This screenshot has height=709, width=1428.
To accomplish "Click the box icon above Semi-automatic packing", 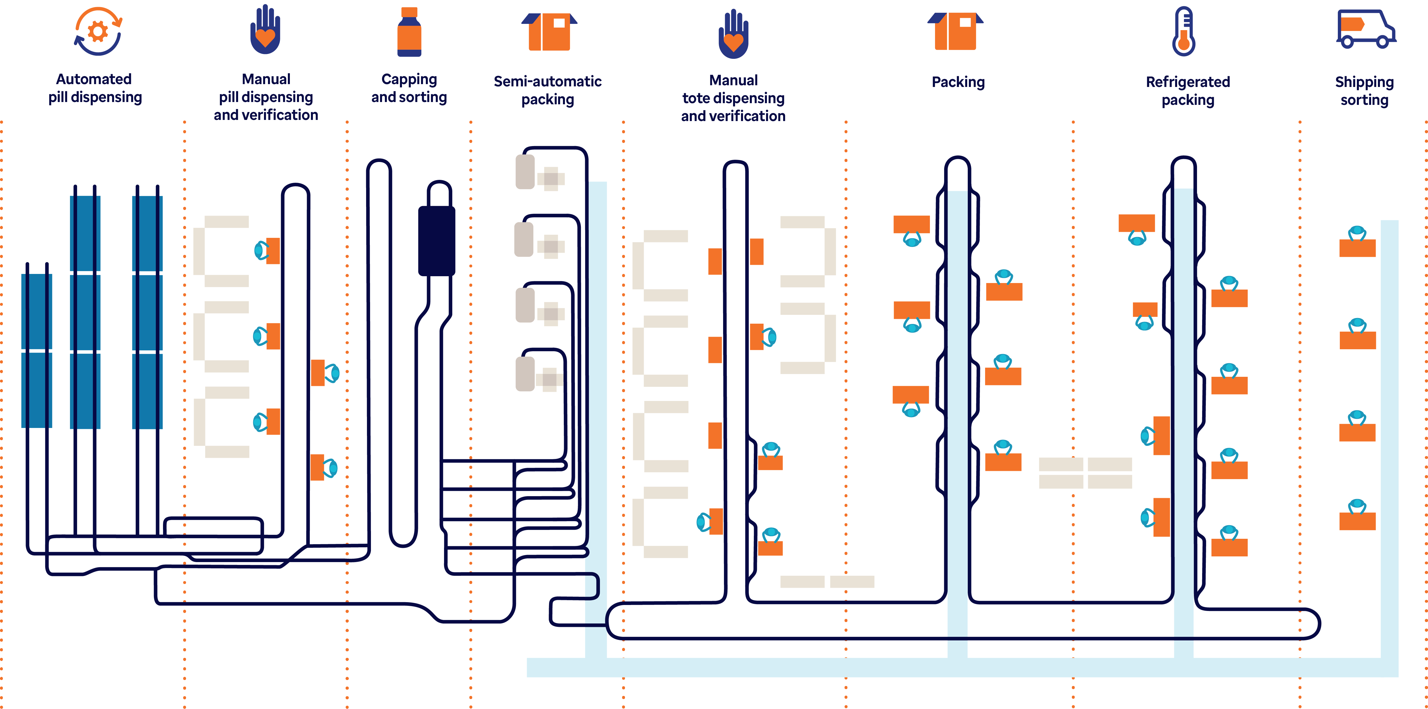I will click(549, 32).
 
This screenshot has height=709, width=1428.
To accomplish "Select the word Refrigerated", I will click(1187, 82).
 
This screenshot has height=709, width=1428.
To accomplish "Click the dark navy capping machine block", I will click(436, 241).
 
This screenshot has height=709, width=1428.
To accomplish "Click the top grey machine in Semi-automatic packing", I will click(525, 172).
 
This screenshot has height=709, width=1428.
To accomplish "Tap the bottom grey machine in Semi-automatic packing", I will click(525, 374).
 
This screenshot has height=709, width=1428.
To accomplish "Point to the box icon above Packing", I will click(955, 32).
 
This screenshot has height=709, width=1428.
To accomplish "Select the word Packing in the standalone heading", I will click(958, 82).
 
